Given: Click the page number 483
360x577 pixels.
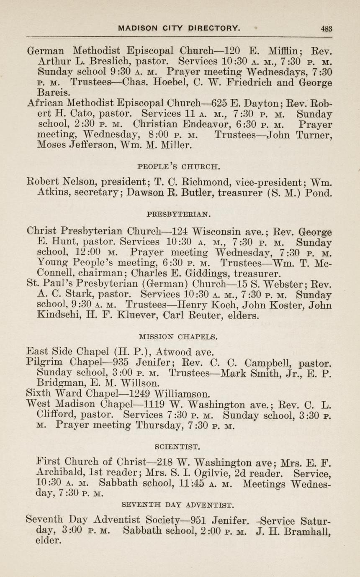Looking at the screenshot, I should click(x=326, y=28).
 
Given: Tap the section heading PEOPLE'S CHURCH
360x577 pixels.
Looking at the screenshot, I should click(x=179, y=167).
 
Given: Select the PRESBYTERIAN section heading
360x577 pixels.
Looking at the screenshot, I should click(x=179, y=214).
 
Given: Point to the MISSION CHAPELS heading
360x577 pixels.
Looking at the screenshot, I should click(x=178, y=336).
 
